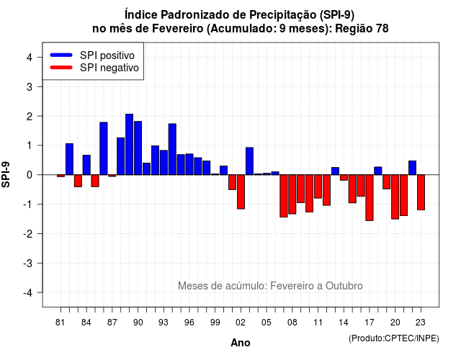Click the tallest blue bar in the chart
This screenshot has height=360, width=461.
tap(130, 144)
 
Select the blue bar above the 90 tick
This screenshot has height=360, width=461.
tap(138, 148)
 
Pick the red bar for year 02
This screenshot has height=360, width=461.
tap(241, 192)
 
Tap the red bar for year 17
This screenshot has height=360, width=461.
tap(370, 198)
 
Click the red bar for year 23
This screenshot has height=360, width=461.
tap(421, 192)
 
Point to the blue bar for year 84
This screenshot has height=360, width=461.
tap(86, 165)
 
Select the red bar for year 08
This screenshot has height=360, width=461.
tap(292, 194)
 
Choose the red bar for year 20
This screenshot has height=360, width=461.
tap(395, 197)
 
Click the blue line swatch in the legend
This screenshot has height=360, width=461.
tap(61, 55)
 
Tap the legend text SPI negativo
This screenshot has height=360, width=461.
tap(109, 68)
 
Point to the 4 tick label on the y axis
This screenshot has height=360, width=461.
tap(30, 58)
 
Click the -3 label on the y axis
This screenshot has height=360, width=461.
tap(28, 263)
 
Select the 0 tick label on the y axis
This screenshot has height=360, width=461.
tap(30, 175)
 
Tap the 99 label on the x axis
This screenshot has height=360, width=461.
tap(215, 323)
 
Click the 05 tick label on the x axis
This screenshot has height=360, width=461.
tap(267, 323)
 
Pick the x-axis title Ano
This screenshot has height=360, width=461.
tap(241, 343)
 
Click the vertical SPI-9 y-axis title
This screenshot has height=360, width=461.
tap(6, 174)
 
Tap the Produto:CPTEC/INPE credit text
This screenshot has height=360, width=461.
tap(394, 338)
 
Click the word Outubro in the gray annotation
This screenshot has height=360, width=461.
tap(344, 286)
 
